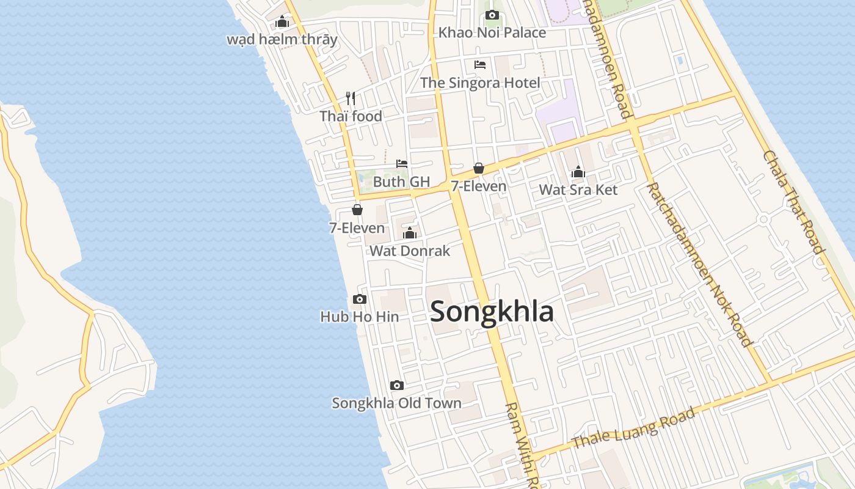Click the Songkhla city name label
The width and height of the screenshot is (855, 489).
(492, 312)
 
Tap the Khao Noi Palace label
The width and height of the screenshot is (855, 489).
(492, 32)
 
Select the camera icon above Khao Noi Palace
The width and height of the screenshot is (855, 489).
(492, 15)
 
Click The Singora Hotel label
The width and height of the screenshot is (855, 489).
(480, 83)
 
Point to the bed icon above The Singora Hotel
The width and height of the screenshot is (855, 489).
(480, 65)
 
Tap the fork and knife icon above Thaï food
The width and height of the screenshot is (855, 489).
(351, 98)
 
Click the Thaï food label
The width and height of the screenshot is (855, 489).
(351, 116)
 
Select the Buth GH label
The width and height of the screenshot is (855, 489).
(401, 182)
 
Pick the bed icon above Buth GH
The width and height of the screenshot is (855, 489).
(401, 164)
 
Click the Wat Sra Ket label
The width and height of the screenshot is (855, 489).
(578, 189)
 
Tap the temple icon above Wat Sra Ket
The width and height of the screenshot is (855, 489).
(578, 172)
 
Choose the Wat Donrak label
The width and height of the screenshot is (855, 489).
(410, 251)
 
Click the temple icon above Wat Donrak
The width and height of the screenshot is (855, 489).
(410, 233)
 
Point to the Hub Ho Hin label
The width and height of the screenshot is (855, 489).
(360, 317)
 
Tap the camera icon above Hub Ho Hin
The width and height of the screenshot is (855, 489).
(360, 299)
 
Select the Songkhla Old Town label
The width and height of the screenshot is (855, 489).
(396, 403)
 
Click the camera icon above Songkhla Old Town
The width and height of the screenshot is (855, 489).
(396, 385)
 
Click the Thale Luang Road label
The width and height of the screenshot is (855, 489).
(633, 428)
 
